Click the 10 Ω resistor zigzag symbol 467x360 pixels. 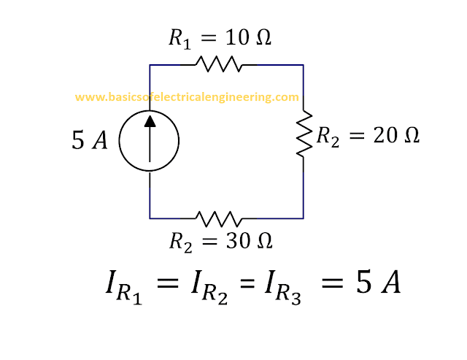pyautogui.click(x=219, y=64)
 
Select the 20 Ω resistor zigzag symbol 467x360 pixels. pyautogui.click(x=304, y=133)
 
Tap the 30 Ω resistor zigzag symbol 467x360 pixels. pyautogui.click(x=219, y=219)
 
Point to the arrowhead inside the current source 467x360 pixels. pyautogui.click(x=150, y=121)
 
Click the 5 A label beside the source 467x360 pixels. pyautogui.click(x=89, y=140)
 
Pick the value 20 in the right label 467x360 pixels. pyautogui.click(x=385, y=135)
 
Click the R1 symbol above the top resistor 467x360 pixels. pyautogui.click(x=180, y=39)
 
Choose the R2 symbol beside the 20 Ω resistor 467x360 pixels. pyautogui.click(x=328, y=137)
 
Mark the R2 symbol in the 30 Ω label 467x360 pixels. pyautogui.click(x=181, y=242)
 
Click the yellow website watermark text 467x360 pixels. pyautogui.click(x=187, y=97)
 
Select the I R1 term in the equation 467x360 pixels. pyautogui.click(x=124, y=287)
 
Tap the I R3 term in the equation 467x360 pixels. pyautogui.click(x=283, y=287)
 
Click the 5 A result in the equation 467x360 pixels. pyautogui.click(x=378, y=283)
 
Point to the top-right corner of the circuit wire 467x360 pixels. pyautogui.click(x=304, y=65)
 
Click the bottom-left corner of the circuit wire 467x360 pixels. pyautogui.click(x=150, y=218)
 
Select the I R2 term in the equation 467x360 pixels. pyautogui.click(x=209, y=287)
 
